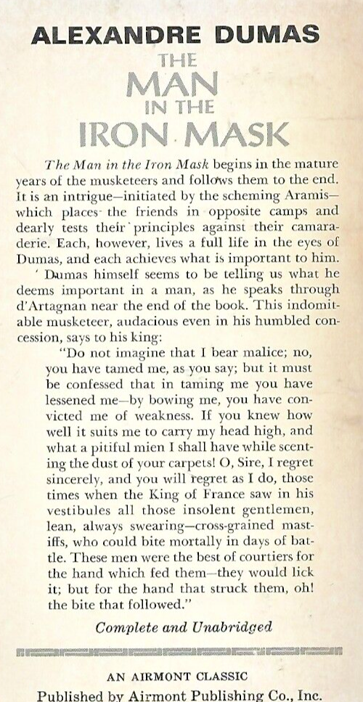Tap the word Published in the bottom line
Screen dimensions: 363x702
(x=72, y=695)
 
